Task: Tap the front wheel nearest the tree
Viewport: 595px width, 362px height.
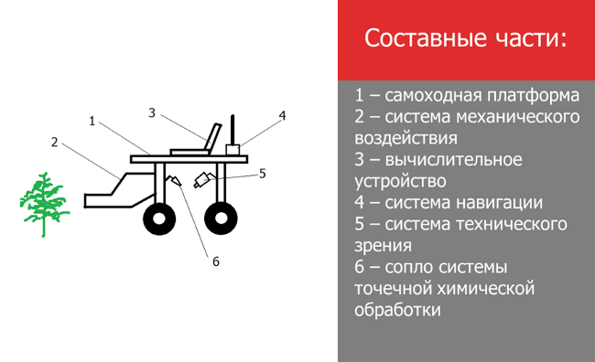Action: click(x=159, y=218)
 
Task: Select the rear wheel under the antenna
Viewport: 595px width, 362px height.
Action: click(x=221, y=218)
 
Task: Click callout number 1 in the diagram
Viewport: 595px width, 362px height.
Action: click(x=92, y=121)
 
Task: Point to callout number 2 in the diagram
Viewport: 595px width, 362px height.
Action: click(x=55, y=142)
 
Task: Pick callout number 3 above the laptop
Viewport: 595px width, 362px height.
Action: click(x=152, y=112)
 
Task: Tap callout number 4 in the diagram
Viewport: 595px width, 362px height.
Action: click(x=282, y=115)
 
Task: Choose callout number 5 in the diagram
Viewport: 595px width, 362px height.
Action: click(x=262, y=174)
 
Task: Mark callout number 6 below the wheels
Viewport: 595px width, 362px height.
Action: click(x=215, y=261)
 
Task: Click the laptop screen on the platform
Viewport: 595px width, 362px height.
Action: click(x=212, y=137)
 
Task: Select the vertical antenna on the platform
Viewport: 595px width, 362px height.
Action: click(x=233, y=130)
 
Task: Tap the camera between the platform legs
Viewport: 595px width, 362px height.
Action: click(x=203, y=179)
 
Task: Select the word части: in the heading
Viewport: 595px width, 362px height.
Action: click(x=531, y=38)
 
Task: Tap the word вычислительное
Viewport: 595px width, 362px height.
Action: click(x=453, y=159)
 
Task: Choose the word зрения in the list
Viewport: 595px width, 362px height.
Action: click(x=383, y=246)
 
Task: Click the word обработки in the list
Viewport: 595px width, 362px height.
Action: click(x=397, y=310)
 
